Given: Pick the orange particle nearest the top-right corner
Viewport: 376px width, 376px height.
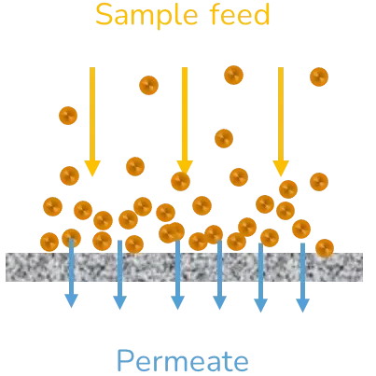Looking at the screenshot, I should pos(318,77).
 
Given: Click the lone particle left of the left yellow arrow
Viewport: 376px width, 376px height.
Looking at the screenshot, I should pos(67,116).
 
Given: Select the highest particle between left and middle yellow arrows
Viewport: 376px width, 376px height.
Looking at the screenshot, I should pos(146,85).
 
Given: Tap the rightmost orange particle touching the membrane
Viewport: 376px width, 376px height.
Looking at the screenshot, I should pos(325,247).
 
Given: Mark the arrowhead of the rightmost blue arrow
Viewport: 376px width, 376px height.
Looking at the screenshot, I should pos(302,303).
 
